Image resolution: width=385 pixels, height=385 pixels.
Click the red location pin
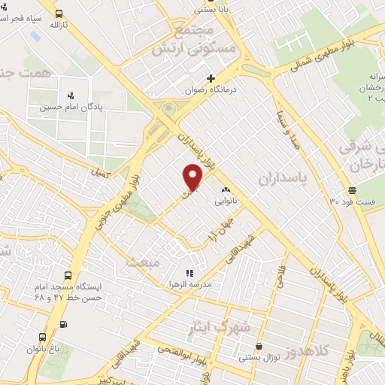[x=193, y=177]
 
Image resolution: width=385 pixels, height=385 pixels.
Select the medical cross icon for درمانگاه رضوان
[x=211, y=77]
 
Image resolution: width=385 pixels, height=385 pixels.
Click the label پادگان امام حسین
[x=71, y=107]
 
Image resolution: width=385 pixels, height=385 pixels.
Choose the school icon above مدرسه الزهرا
[x=189, y=274]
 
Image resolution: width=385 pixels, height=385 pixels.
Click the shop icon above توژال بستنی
[x=259, y=347]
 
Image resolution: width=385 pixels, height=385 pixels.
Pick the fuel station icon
[x=62, y=324]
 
